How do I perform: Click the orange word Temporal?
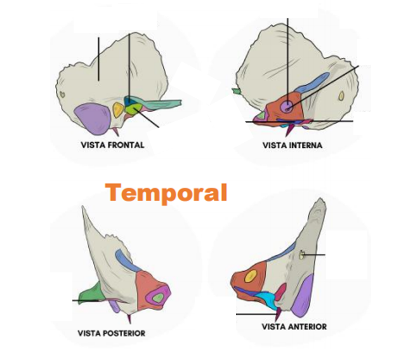[166, 193]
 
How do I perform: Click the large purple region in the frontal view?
[93, 118]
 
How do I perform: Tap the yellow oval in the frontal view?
[117, 109]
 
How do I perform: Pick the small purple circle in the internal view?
[287, 107]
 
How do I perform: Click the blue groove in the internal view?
[313, 83]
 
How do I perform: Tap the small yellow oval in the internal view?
[341, 96]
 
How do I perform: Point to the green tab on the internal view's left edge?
[237, 91]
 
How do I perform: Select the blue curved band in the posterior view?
[127, 260]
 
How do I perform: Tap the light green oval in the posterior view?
[158, 298]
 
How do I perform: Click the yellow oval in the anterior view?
[251, 276]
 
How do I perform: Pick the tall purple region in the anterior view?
[303, 295]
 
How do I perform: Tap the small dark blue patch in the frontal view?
[128, 100]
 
